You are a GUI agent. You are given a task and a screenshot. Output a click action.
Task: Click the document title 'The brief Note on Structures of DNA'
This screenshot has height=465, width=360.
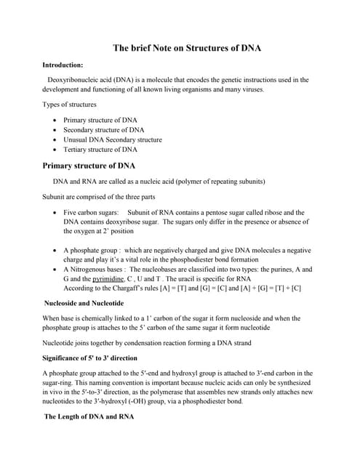point(186,49)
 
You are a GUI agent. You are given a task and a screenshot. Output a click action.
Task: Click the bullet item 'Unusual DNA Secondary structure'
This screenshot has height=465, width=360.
point(113,139)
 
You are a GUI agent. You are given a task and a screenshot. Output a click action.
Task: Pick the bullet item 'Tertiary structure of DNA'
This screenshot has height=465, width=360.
point(100,150)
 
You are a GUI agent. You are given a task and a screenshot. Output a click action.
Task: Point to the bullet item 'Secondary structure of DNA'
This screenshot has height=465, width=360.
point(104,130)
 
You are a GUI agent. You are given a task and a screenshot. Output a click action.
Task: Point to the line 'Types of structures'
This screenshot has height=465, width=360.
point(70,105)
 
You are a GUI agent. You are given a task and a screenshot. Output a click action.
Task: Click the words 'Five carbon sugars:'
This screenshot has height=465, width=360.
point(91,212)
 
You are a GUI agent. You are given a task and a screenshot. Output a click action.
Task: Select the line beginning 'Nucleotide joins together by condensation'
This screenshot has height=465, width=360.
point(145,344)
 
